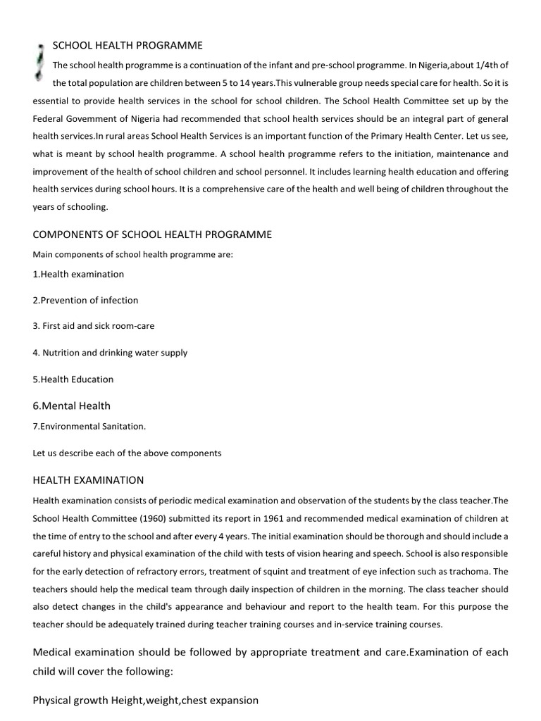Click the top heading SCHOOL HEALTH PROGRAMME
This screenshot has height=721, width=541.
pyautogui.click(x=128, y=46)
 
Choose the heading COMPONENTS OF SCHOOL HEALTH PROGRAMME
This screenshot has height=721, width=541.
pyautogui.click(x=152, y=234)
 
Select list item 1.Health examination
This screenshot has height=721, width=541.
pyautogui.click(x=78, y=274)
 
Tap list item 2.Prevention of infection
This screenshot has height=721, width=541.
pyautogui.click(x=85, y=300)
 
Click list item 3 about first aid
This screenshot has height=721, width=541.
pyautogui.click(x=94, y=326)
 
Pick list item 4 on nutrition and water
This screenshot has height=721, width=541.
pyautogui.click(x=110, y=353)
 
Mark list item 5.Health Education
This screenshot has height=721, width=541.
pyautogui.click(x=73, y=379)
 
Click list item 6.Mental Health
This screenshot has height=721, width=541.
pyautogui.click(x=72, y=406)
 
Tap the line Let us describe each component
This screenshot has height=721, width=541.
pyautogui.click(x=127, y=453)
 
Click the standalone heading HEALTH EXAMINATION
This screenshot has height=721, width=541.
pyautogui.click(x=89, y=480)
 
